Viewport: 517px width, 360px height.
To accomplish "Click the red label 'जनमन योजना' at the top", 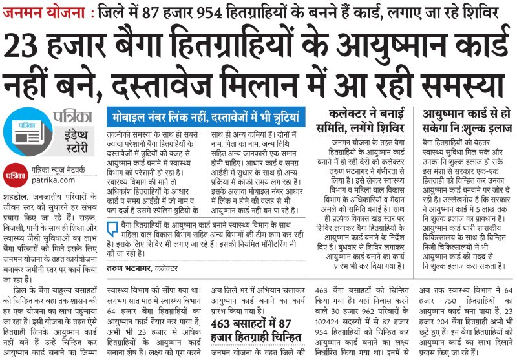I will [41, 11].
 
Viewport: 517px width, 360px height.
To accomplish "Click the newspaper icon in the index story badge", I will [25, 130].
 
